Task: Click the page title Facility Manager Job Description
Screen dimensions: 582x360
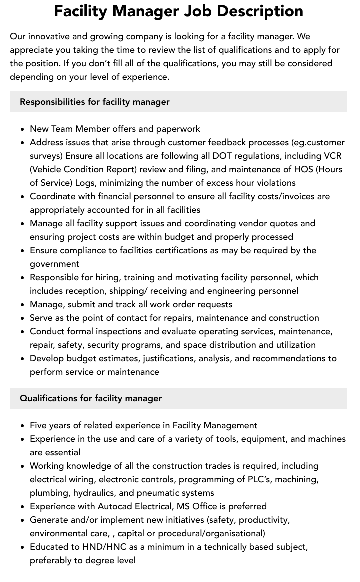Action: [x=178, y=11]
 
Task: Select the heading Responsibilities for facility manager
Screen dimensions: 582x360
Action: [x=95, y=102]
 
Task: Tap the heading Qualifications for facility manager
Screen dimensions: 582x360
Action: [x=91, y=398]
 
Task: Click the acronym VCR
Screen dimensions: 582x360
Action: [x=330, y=156]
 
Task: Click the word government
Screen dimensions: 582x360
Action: [x=54, y=264]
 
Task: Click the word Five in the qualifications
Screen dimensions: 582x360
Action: [x=39, y=425]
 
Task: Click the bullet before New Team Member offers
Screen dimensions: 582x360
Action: [x=23, y=129]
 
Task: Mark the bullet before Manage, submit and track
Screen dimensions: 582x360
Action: [x=23, y=304]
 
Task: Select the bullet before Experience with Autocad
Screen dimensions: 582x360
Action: [x=23, y=506]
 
